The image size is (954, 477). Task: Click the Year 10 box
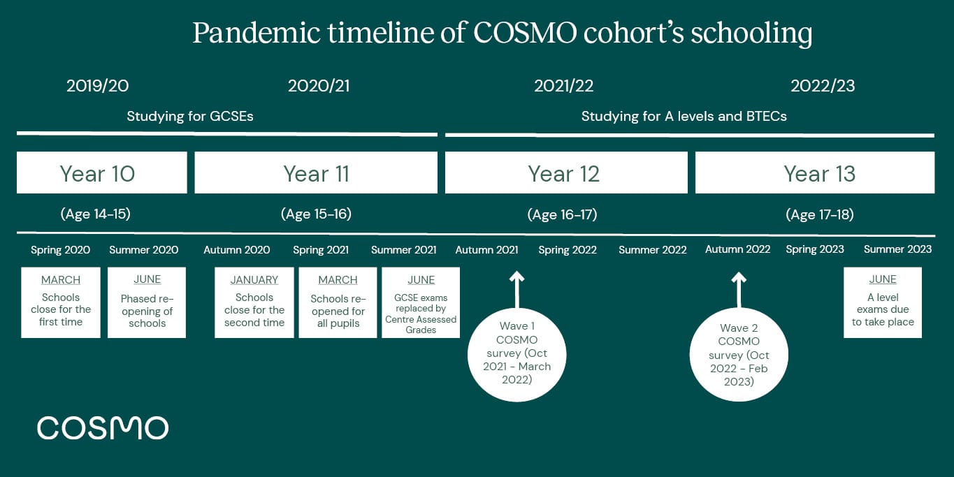101,173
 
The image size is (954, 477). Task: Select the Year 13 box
814,173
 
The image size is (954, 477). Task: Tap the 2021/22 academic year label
563,86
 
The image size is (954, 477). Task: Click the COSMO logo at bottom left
103,428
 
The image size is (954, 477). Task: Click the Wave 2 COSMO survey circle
739,355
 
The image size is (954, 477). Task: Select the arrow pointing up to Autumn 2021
516,290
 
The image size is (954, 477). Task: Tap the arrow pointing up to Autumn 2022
739,290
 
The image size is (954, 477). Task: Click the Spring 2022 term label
568,250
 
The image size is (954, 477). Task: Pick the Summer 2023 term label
897,249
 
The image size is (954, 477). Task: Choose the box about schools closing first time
61,302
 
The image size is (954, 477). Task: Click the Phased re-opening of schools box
147,302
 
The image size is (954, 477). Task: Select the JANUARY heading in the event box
254,280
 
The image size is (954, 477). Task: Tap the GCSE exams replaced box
421,302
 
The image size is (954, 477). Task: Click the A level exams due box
883,302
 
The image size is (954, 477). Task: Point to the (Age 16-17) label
562,214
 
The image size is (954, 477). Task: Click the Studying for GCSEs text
189,117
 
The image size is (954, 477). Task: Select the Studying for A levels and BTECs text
684,117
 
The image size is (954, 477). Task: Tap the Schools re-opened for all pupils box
338,302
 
